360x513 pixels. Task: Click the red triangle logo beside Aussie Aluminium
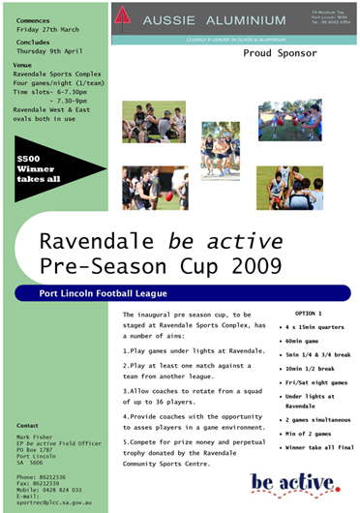tap(123, 16)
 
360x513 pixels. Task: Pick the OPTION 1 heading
tap(307, 316)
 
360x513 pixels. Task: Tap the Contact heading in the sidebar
tap(27, 424)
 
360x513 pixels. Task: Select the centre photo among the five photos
tap(221, 150)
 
